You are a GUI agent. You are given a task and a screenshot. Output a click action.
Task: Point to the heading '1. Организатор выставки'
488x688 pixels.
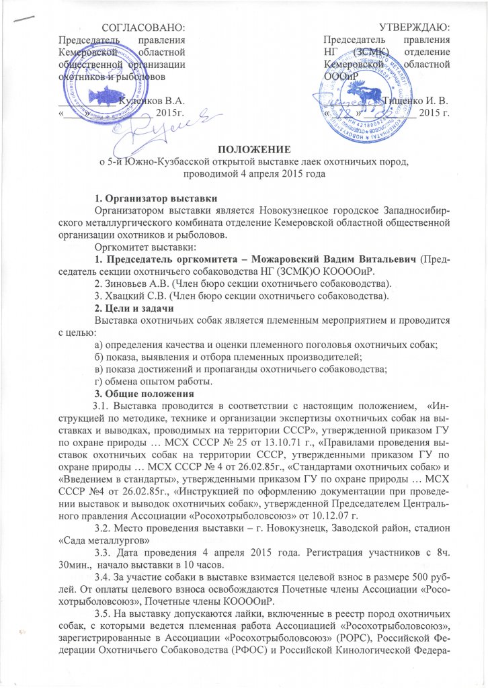155,198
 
